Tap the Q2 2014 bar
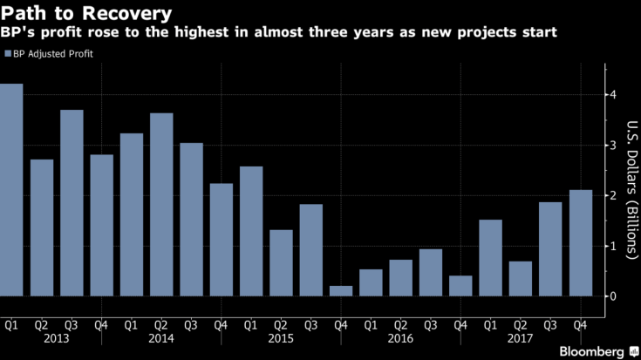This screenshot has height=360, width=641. click(161, 205)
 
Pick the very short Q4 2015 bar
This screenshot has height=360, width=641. click(341, 291)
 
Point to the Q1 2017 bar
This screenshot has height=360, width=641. click(491, 258)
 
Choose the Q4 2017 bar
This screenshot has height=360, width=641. click(581, 243)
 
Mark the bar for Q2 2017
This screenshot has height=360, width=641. click(521, 279)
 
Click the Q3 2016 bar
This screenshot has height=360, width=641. click(431, 273)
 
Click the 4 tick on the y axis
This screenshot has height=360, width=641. click(614, 94)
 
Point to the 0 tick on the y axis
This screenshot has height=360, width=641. click(614, 296)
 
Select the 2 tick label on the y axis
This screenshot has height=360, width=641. click(614, 195)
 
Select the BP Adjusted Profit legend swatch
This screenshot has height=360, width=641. click(7, 54)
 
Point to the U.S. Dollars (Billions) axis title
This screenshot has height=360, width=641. click(628, 195)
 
